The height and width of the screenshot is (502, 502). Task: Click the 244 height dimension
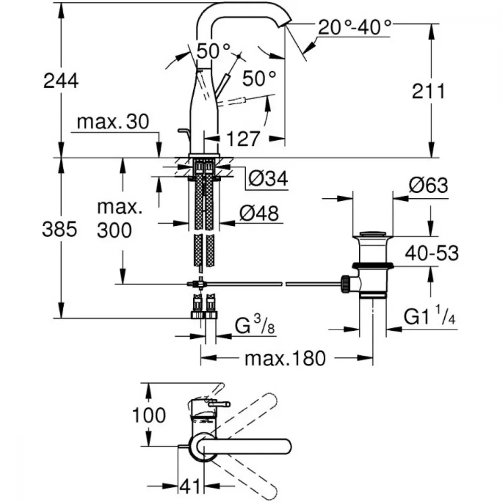61,81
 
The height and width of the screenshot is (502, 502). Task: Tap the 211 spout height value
428,91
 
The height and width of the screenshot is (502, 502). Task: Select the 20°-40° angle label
355,27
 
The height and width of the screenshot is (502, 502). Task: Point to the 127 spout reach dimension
242,139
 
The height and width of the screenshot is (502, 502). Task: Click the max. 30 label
113,121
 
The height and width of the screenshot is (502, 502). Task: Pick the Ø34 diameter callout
268,178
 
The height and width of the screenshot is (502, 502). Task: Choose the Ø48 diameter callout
259,213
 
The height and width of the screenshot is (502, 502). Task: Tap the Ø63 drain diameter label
428,185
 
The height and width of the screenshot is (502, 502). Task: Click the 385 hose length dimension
60,229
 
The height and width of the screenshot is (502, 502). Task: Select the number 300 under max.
114,230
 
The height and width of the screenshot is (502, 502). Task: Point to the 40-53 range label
432,253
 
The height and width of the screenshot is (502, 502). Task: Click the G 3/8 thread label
255,325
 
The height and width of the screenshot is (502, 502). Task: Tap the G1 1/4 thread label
429,315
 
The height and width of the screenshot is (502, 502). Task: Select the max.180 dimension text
285,358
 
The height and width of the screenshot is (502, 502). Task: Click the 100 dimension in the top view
149,415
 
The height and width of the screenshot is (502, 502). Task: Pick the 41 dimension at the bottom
190,486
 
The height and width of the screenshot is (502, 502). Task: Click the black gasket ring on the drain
373,266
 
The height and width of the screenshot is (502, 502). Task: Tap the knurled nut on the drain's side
346,284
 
